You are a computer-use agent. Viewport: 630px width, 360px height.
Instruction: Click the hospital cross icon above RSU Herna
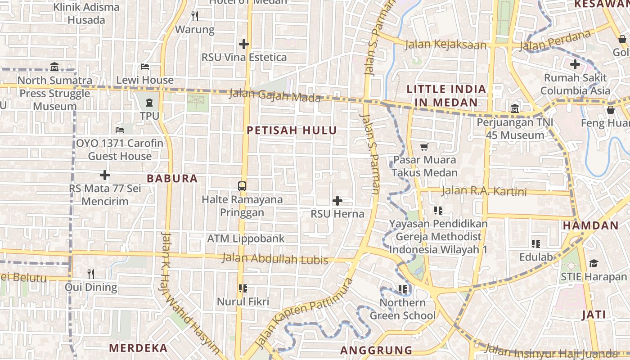(x=337, y=201)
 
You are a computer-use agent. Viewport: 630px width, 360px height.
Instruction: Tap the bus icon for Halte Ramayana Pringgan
(x=242, y=186)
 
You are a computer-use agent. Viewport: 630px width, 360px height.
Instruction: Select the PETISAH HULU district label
(x=292, y=130)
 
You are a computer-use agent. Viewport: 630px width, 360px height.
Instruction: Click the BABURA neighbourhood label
(x=172, y=179)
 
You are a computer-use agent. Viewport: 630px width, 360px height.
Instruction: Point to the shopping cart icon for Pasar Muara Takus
(x=424, y=147)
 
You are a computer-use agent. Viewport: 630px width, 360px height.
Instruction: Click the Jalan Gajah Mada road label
(x=275, y=95)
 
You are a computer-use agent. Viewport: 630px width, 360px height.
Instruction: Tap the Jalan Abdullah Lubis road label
(x=275, y=259)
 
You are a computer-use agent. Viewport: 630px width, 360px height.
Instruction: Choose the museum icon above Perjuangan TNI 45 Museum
(x=515, y=108)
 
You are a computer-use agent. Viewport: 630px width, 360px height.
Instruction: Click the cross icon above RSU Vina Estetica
(x=244, y=44)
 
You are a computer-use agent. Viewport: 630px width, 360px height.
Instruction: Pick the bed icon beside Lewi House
(x=144, y=67)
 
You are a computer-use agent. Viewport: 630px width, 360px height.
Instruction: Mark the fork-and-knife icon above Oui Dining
(x=91, y=274)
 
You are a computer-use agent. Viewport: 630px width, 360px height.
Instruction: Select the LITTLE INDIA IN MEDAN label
(x=446, y=95)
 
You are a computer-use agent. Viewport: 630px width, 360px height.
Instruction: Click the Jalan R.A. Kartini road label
(x=484, y=191)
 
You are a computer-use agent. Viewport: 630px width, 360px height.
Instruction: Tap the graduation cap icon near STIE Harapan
(x=594, y=263)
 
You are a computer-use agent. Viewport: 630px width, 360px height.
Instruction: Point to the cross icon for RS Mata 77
(x=105, y=175)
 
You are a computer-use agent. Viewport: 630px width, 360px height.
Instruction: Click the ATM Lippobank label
(x=246, y=238)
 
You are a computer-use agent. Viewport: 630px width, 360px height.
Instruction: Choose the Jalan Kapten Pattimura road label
(x=304, y=313)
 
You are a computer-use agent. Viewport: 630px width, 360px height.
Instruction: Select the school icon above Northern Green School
(x=403, y=289)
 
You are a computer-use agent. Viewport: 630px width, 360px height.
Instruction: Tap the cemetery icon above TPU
(x=149, y=103)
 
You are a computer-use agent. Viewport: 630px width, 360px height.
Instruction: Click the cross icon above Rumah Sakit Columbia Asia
(x=575, y=64)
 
